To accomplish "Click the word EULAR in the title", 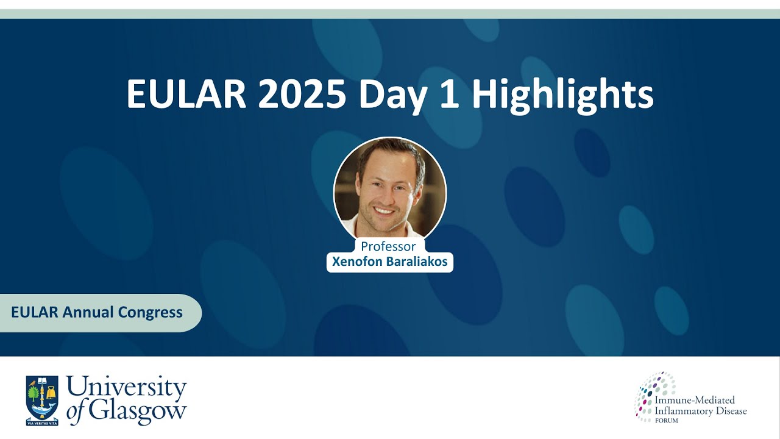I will [186, 95].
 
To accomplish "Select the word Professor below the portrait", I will [388, 246].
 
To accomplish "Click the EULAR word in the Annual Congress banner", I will [34, 313].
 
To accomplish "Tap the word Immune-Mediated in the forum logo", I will [695, 401].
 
